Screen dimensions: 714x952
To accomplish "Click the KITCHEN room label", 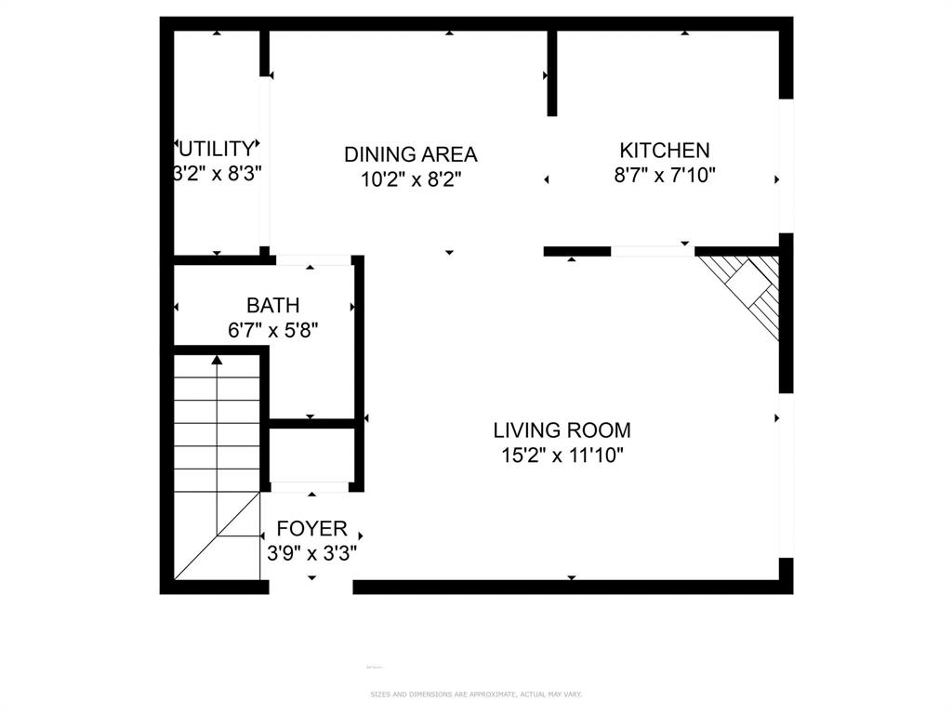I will [x=665, y=150].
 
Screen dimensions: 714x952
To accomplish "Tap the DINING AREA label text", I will [x=410, y=154].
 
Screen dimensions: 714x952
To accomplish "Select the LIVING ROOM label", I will [x=562, y=430].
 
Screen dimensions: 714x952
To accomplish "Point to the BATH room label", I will [x=272, y=305].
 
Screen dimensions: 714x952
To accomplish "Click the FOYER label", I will [x=312, y=529].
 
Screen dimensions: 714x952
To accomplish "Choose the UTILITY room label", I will [x=216, y=149].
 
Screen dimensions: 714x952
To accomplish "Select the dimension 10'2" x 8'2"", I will [x=411, y=178].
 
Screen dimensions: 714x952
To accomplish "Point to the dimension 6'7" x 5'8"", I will [x=273, y=329].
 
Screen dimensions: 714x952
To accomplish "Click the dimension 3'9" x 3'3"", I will [x=312, y=553].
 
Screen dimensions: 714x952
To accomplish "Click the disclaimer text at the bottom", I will [x=476, y=694].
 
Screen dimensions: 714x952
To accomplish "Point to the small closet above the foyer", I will [x=311, y=456].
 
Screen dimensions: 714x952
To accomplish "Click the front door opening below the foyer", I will [x=311, y=587].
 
